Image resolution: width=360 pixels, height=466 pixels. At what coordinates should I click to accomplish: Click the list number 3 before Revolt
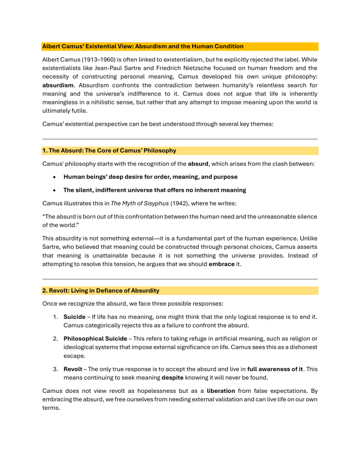56,356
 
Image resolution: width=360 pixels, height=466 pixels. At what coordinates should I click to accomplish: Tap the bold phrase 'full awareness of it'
277,356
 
